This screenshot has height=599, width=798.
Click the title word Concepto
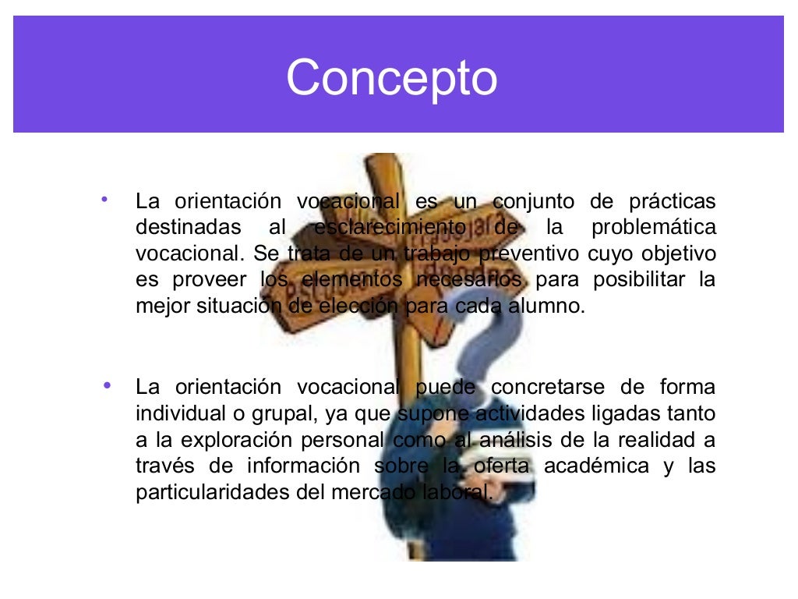pyautogui.click(x=391, y=78)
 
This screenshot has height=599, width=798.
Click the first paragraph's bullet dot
pyautogui.click(x=104, y=200)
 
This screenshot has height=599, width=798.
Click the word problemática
pyautogui.click(x=653, y=228)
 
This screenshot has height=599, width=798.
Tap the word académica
pyautogui.click(x=596, y=466)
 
